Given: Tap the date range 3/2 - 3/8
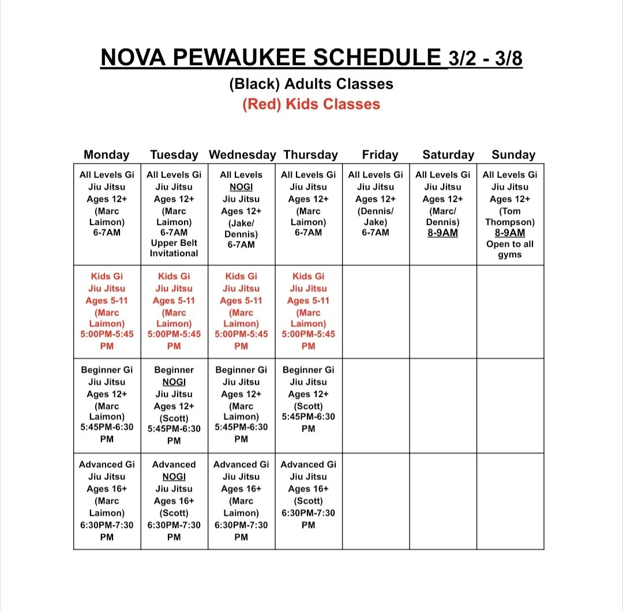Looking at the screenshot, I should coord(485,59).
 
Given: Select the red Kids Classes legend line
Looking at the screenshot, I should coord(311,104).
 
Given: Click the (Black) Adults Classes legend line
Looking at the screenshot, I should coord(311,84).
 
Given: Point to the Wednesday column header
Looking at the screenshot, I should coord(242,155).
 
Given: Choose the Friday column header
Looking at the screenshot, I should coord(380,155).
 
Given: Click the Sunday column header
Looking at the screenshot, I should coord(513,155).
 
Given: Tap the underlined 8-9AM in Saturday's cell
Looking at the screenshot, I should coord(442,233).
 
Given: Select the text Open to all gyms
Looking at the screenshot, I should coord(510,249).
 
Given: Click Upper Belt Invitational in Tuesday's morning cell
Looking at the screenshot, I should coord(174,248).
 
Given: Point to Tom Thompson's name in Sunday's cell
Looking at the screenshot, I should coord(510,216).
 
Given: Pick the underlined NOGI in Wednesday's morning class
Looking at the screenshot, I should coord(241,187).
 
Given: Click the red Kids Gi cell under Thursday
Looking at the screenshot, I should coord(309,312).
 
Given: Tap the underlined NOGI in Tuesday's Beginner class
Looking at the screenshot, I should coord(174,382).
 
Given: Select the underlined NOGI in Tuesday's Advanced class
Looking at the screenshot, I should coord(174,477).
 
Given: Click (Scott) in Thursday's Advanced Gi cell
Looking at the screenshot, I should coord(309,501).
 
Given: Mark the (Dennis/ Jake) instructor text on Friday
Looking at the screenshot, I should coord(376,216).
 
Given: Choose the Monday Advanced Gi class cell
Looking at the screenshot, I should coord(107,500).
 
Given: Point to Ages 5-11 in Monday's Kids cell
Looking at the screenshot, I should coord(107,301).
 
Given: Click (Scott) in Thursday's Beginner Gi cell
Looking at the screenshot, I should coord(309,406).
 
